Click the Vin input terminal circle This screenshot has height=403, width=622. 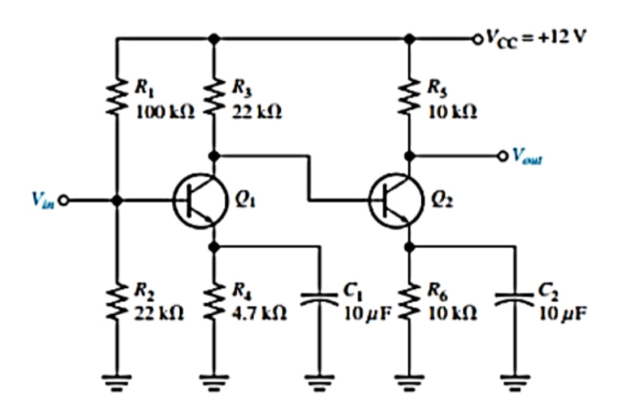pyautogui.click(x=64, y=200)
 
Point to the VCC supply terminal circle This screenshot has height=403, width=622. pyautogui.click(x=477, y=39)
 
